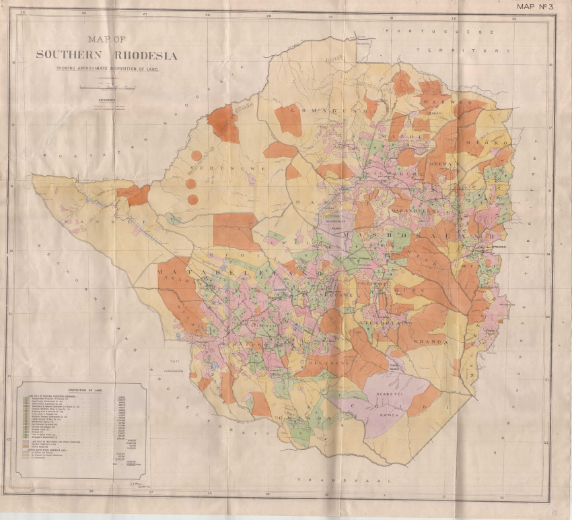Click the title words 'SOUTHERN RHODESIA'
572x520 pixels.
(106, 56)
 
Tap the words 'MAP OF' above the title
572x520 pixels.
(108, 39)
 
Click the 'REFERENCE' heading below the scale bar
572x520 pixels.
(107, 99)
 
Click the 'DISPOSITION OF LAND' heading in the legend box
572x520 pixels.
(79, 390)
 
